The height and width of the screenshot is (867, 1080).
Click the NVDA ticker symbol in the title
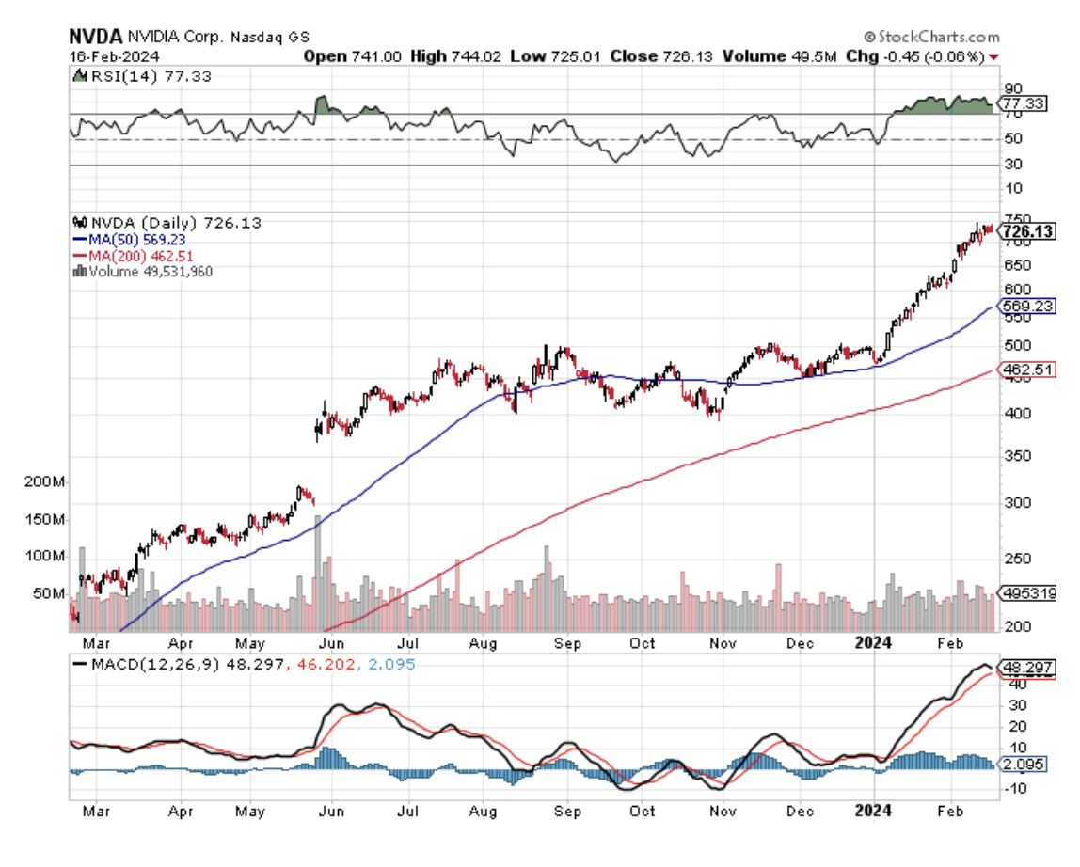pos(96,37)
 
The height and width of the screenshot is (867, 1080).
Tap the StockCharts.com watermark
pos(930,37)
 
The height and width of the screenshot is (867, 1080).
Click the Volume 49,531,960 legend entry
pos(151,272)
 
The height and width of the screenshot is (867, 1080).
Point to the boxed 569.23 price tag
pos(1027,306)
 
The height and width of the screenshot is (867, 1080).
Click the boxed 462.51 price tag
pos(1027,371)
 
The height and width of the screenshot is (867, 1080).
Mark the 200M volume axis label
pos(45,482)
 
